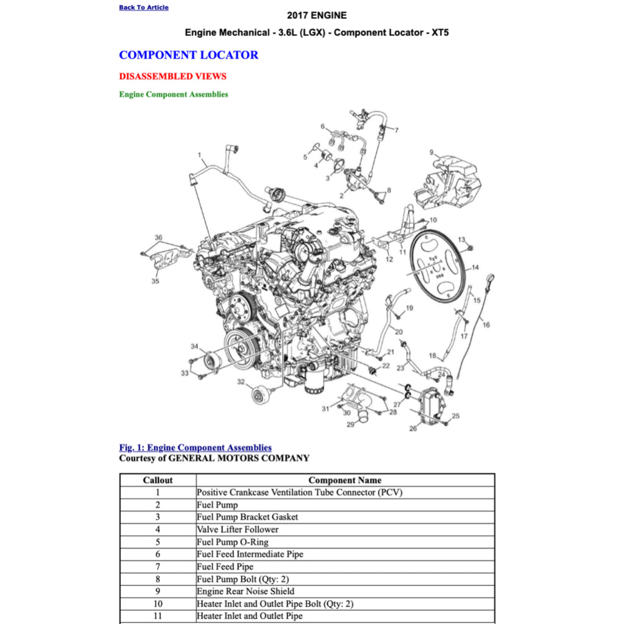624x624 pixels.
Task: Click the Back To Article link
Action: pyautogui.click(x=144, y=7)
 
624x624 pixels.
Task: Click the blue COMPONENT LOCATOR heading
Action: pyautogui.click(x=188, y=55)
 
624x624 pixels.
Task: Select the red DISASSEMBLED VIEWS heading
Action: pyautogui.click(x=172, y=76)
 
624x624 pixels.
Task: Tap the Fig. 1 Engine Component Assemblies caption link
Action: pyautogui.click(x=195, y=448)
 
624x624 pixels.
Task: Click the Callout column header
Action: pyautogui.click(x=158, y=480)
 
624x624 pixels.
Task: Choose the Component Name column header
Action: pyautogui.click(x=345, y=480)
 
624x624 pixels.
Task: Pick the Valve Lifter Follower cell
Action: pyautogui.click(x=238, y=530)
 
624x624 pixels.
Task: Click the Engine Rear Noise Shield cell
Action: pyautogui.click(x=246, y=591)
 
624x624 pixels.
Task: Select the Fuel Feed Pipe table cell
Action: pyautogui.click(x=225, y=567)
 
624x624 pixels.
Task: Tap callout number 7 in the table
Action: pyautogui.click(x=158, y=567)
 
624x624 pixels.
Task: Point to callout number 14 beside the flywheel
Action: pyautogui.click(x=475, y=267)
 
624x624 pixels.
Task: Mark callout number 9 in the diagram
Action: pyautogui.click(x=431, y=152)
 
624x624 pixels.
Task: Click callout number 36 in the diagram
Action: pyautogui.click(x=158, y=238)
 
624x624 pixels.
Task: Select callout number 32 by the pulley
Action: pyautogui.click(x=241, y=382)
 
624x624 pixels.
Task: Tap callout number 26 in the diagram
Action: pyautogui.click(x=413, y=428)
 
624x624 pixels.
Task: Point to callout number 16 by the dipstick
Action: pyautogui.click(x=486, y=325)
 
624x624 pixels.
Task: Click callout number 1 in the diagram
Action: pyautogui.click(x=200, y=155)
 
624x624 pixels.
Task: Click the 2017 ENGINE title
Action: pyautogui.click(x=316, y=15)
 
